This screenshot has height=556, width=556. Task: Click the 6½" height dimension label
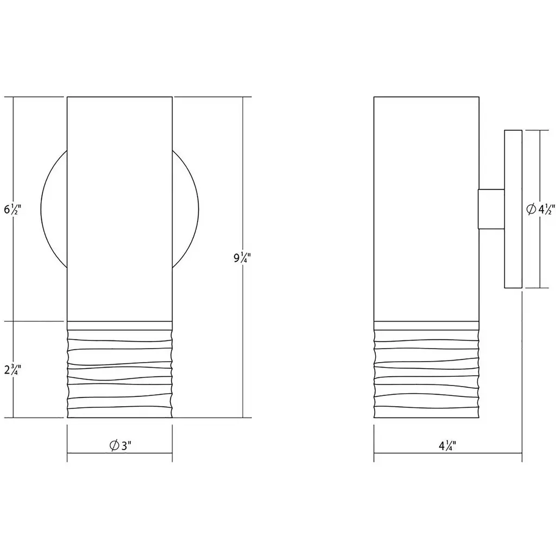[x=13, y=210]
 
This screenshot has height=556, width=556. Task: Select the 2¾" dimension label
[x=13, y=369]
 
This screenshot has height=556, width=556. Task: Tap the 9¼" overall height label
[x=242, y=258]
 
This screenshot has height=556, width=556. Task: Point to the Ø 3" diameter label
[x=120, y=445]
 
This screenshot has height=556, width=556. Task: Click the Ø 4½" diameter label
[x=540, y=210]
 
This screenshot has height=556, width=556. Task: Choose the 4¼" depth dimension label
[x=447, y=446]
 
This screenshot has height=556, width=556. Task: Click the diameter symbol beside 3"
[x=114, y=445]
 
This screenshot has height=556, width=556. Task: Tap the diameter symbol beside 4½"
[x=531, y=210]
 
